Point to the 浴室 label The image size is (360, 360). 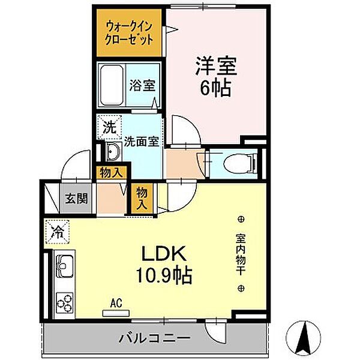coord(142,85)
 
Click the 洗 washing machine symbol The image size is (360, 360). coord(107,127)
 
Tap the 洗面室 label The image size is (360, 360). coord(142,142)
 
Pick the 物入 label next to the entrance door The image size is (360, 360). coord(111,172)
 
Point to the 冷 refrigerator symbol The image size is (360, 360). coord(58,230)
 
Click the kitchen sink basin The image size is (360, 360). coord(63,263)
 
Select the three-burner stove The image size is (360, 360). coord(64,302)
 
